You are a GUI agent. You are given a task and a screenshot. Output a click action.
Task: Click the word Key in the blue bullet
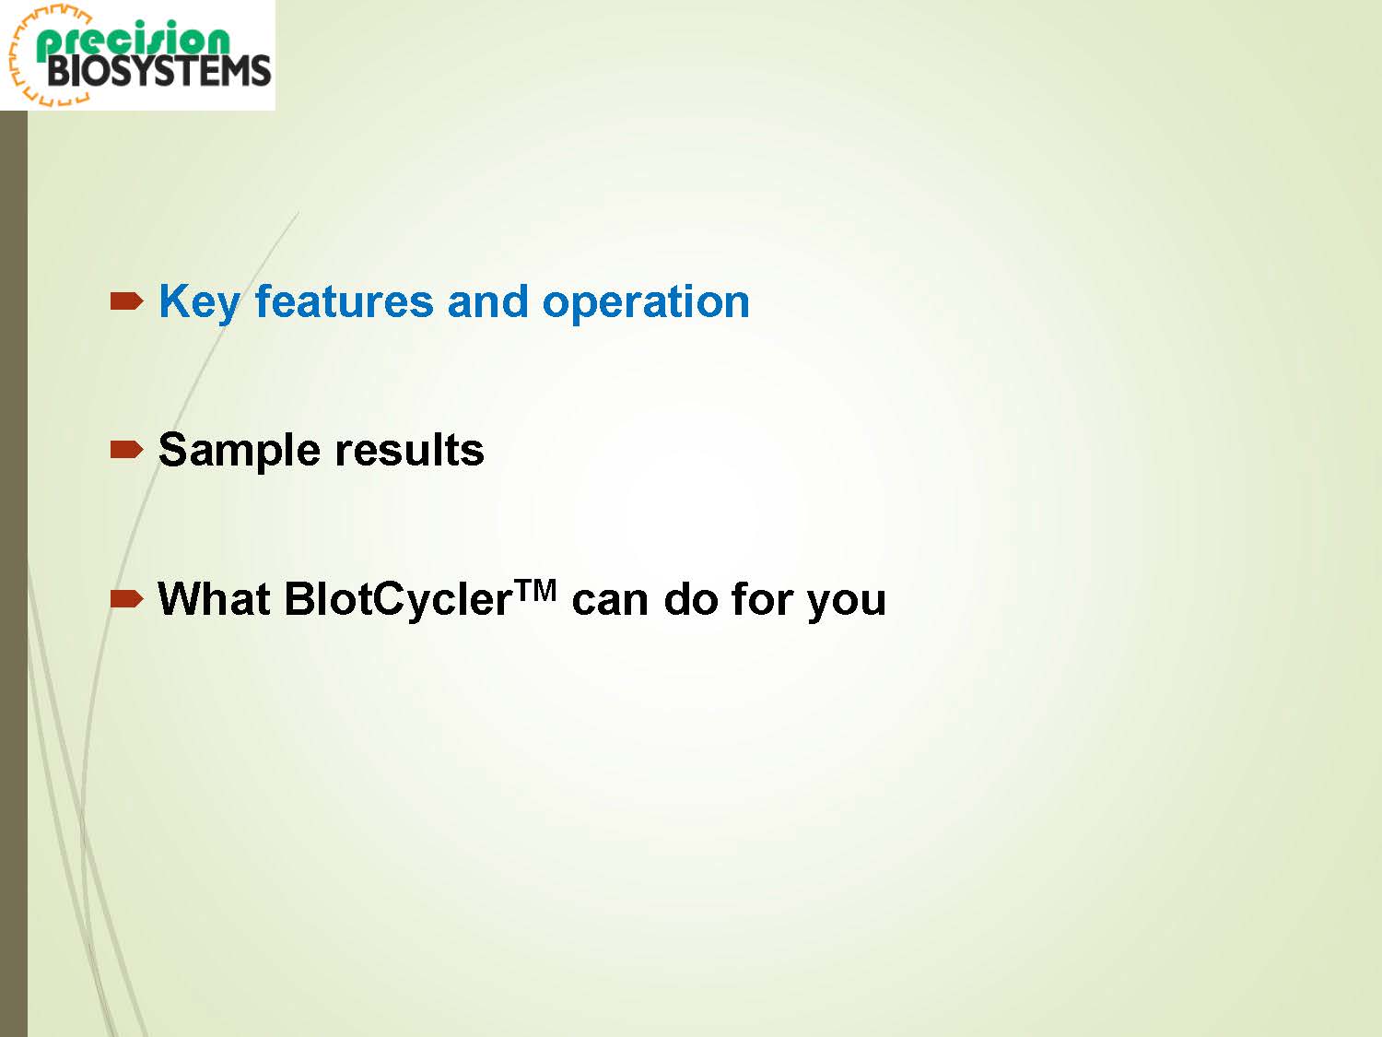point(199,303)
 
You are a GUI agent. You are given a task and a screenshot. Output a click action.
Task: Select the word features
point(345,301)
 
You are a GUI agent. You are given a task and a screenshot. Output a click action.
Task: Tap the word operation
point(646,303)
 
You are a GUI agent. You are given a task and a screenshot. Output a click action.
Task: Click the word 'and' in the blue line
point(488,301)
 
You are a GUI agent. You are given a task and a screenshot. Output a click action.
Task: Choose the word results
point(410,450)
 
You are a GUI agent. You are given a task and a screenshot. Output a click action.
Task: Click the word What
point(214,599)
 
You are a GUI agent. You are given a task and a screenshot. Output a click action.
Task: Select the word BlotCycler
point(399,600)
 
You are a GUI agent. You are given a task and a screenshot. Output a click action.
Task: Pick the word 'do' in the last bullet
point(691,599)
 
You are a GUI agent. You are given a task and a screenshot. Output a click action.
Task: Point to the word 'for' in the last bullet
point(762,599)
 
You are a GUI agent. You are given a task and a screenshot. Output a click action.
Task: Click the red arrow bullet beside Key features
point(126,301)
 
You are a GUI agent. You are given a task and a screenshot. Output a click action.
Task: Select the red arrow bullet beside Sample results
point(126,450)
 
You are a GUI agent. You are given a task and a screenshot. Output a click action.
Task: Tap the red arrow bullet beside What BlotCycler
point(126,598)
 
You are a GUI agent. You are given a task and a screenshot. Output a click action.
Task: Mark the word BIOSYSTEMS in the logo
point(158,71)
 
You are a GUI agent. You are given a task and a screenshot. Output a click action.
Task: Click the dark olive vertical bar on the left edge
point(14,573)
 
